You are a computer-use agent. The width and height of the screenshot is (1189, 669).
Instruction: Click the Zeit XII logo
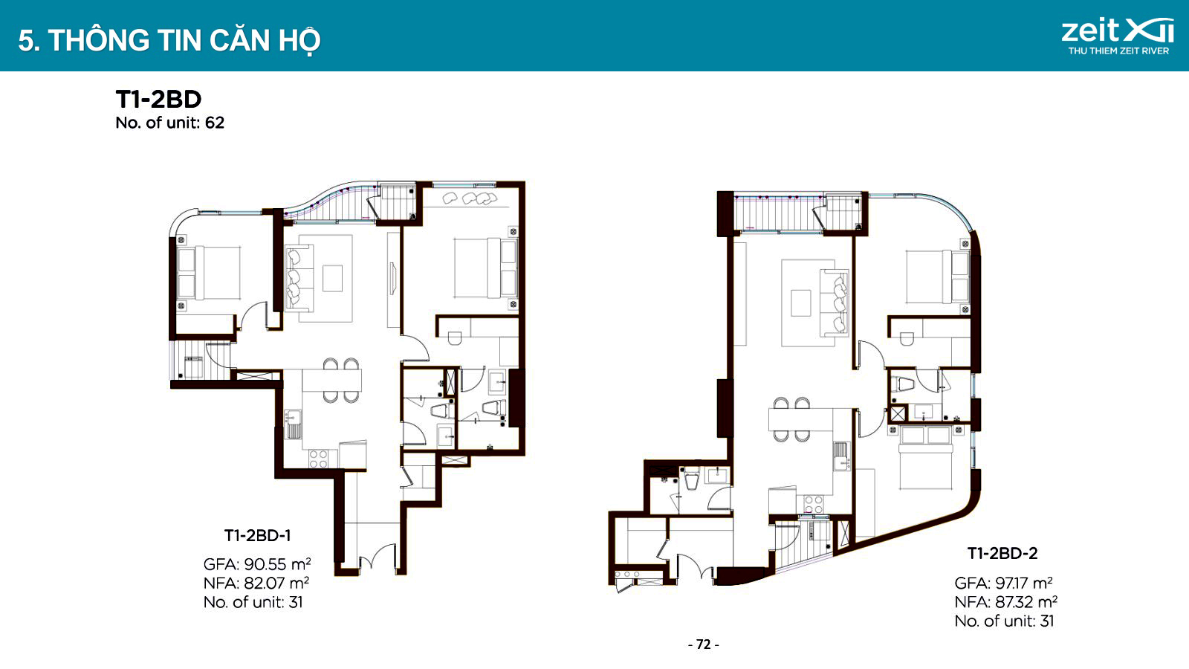[x=1118, y=36]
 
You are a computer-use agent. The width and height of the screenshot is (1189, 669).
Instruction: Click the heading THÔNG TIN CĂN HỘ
[x=185, y=41]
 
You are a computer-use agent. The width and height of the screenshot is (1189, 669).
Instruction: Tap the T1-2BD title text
[x=159, y=100]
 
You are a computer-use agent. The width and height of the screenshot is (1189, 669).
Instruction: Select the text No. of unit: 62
[x=170, y=123]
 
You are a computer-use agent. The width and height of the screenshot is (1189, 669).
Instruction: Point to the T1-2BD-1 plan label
[x=257, y=535]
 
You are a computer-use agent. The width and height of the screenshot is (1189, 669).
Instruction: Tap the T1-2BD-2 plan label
[x=1002, y=553]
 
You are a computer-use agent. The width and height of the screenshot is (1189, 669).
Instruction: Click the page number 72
[x=703, y=644]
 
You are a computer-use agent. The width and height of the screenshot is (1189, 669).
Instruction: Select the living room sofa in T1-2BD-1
[x=299, y=276]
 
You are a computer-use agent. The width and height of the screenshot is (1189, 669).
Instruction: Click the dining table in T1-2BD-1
[x=331, y=381]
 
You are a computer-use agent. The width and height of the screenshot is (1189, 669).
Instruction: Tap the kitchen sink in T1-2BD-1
[x=293, y=424]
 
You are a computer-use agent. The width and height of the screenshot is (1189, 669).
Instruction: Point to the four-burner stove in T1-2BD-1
[x=319, y=459]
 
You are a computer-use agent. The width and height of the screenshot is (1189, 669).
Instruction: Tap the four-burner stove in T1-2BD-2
[x=813, y=503]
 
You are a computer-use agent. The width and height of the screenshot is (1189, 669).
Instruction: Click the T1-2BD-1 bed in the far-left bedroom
[x=209, y=273]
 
